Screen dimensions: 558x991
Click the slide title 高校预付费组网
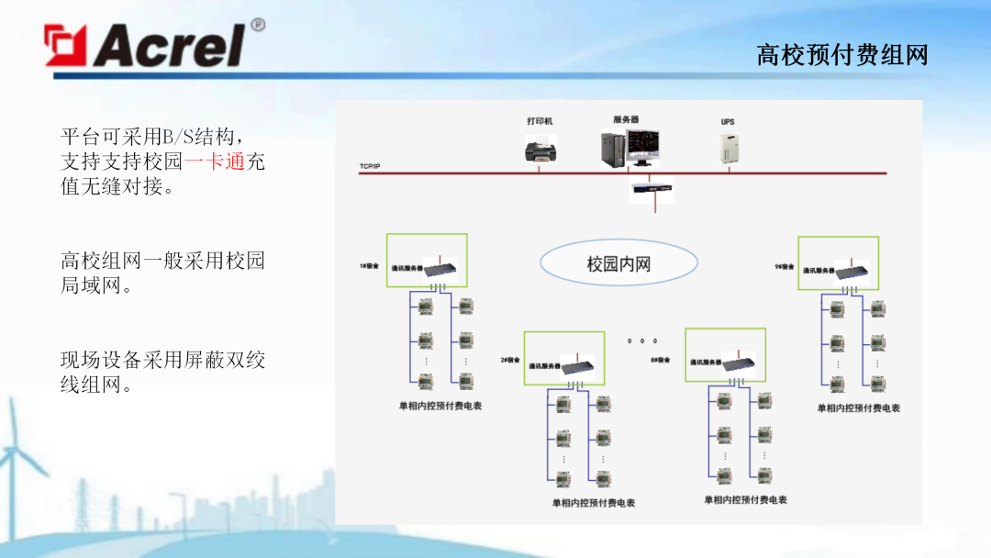pyautogui.click(x=842, y=56)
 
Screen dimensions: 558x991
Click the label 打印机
pyautogui.click(x=540, y=121)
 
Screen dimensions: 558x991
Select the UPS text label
pyautogui.click(x=728, y=121)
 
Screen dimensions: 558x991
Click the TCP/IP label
pyautogui.click(x=370, y=166)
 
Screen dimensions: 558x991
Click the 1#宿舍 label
pyautogui.click(x=369, y=265)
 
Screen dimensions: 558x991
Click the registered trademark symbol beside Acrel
pyautogui.click(x=258, y=25)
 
